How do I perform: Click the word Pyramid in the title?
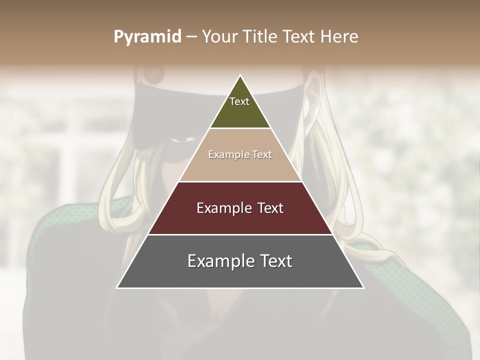coord(147,37)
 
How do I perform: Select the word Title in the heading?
coord(262,36)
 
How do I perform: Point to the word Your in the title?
coord(219,36)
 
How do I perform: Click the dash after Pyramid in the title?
coord(191,37)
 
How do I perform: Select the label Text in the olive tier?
coord(239,101)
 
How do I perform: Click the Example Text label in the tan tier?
coord(240,154)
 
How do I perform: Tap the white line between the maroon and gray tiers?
coord(240,234)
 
